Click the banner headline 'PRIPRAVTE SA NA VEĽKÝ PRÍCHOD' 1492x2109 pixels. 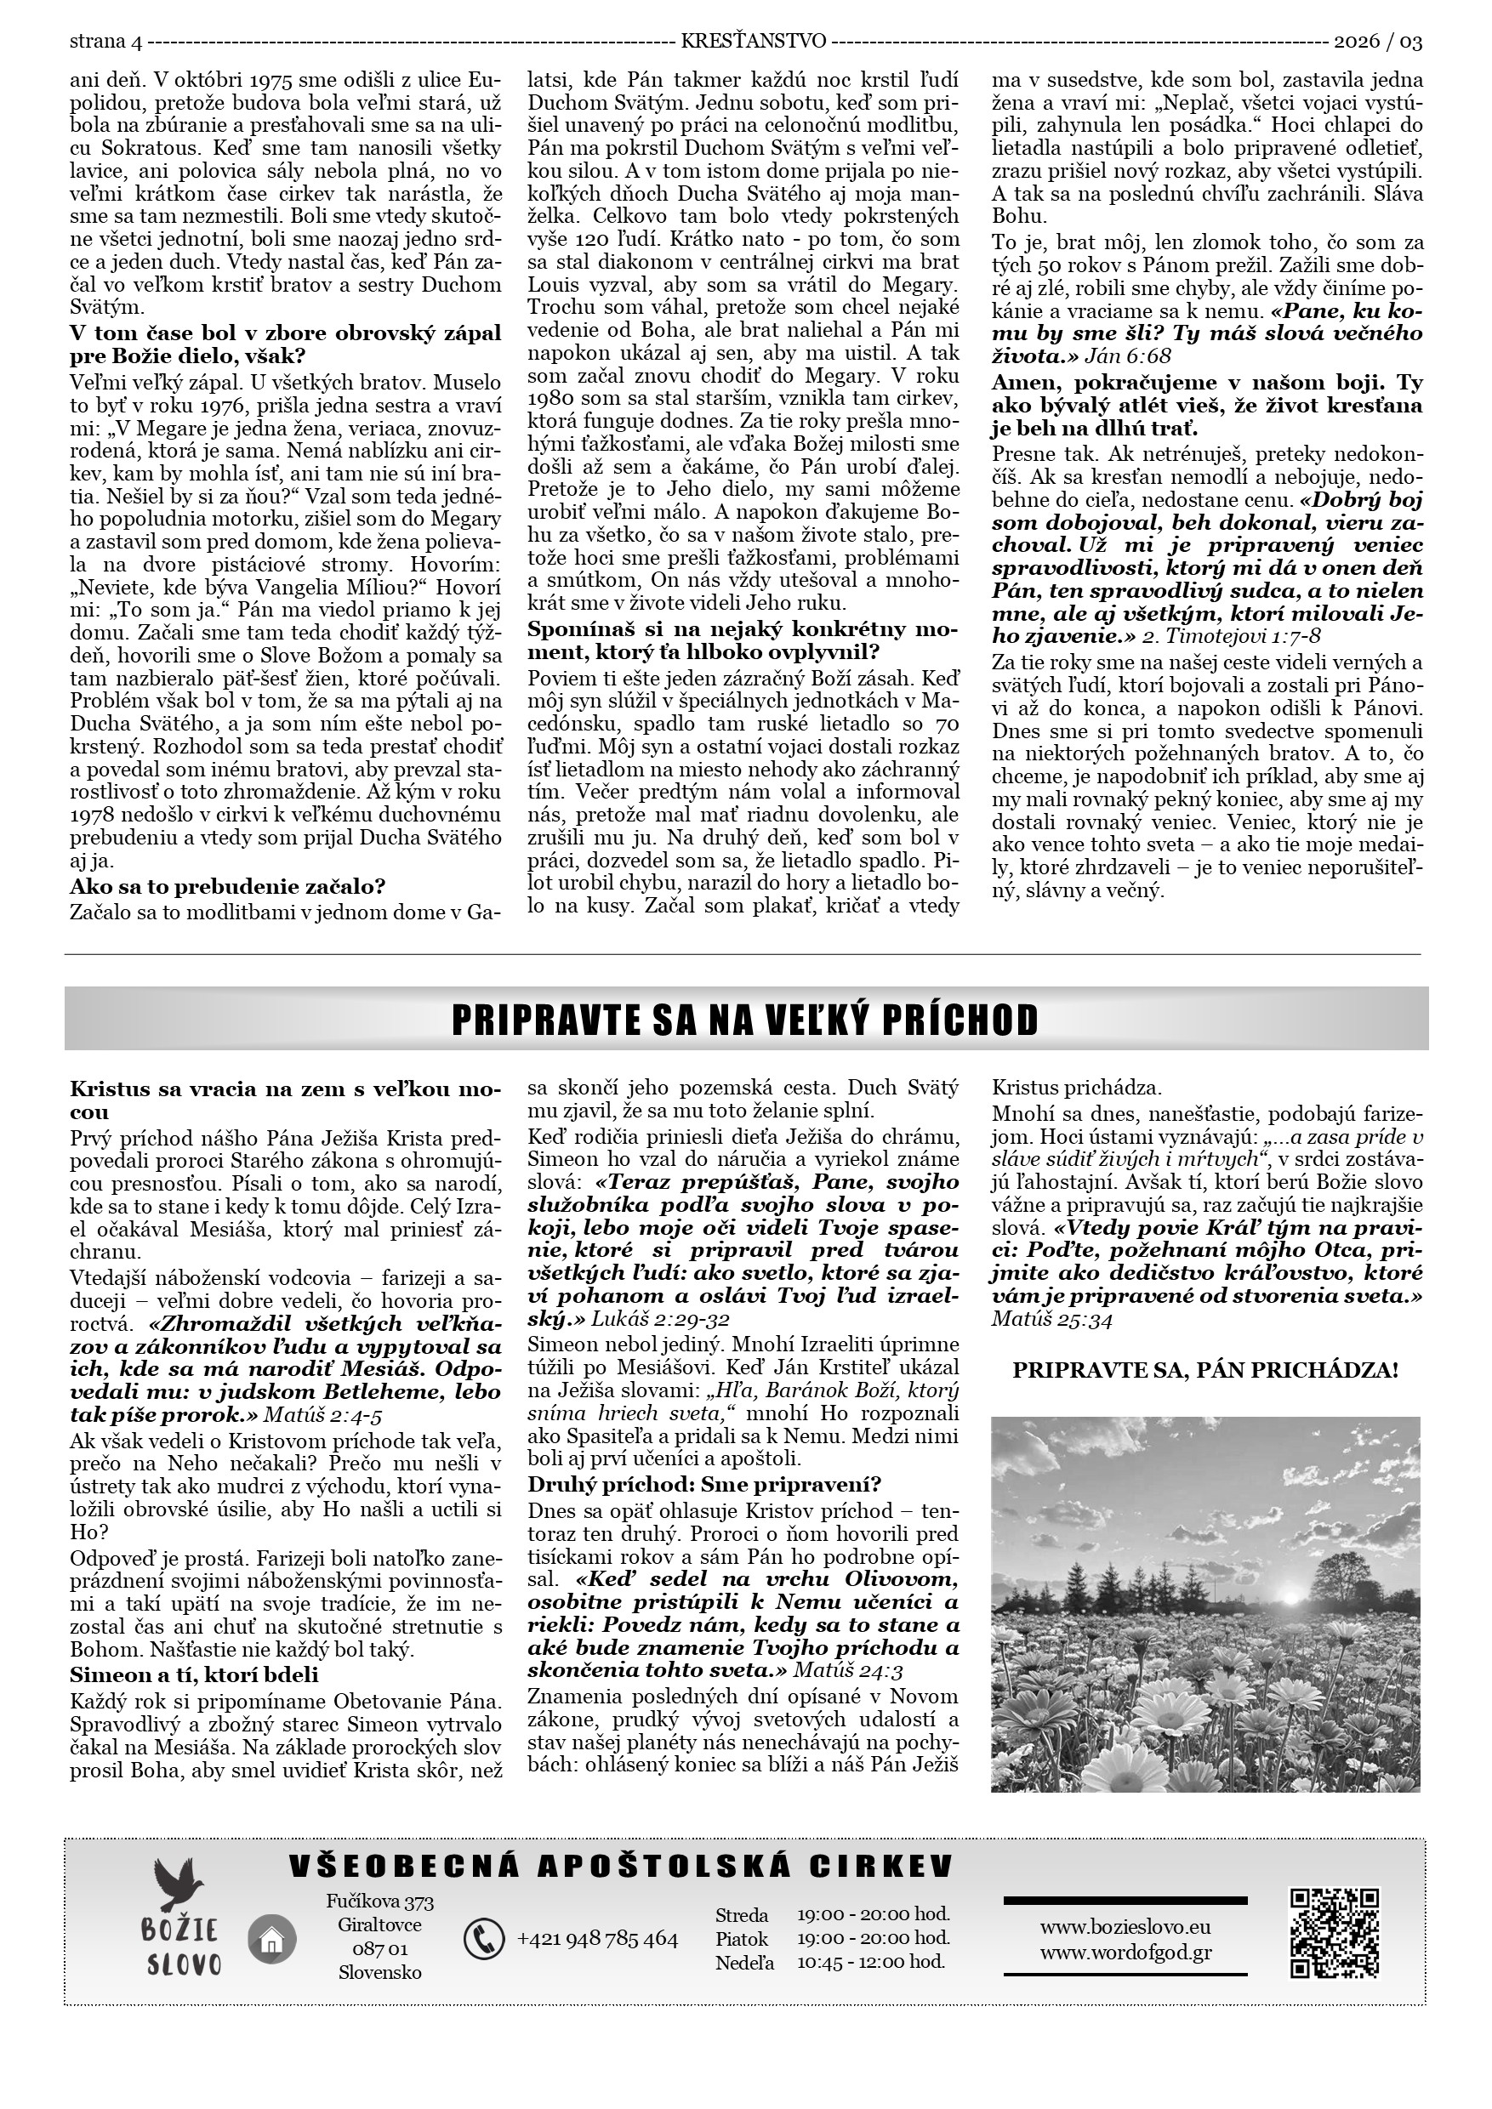pyautogui.click(x=745, y=1020)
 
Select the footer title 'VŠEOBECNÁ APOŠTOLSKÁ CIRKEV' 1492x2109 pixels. pyautogui.click(x=621, y=1867)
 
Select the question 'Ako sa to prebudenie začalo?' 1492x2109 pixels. pyautogui.click(x=227, y=886)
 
